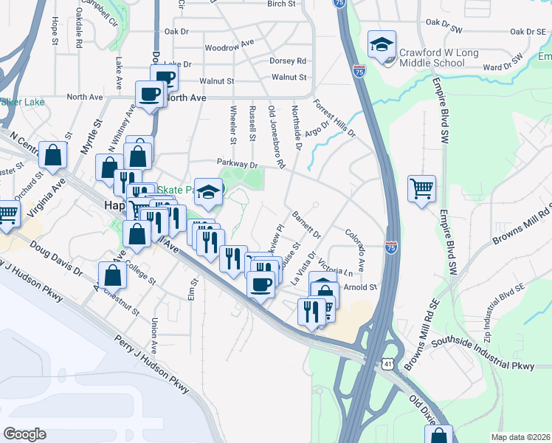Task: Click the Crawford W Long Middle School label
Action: pos(438,58)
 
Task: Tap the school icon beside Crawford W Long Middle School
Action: pos(382,45)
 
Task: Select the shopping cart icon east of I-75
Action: pos(421,189)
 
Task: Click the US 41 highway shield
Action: pos(388,364)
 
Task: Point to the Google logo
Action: pos(24,434)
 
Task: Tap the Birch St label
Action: pos(281,4)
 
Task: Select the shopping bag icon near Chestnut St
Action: pos(111,275)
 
